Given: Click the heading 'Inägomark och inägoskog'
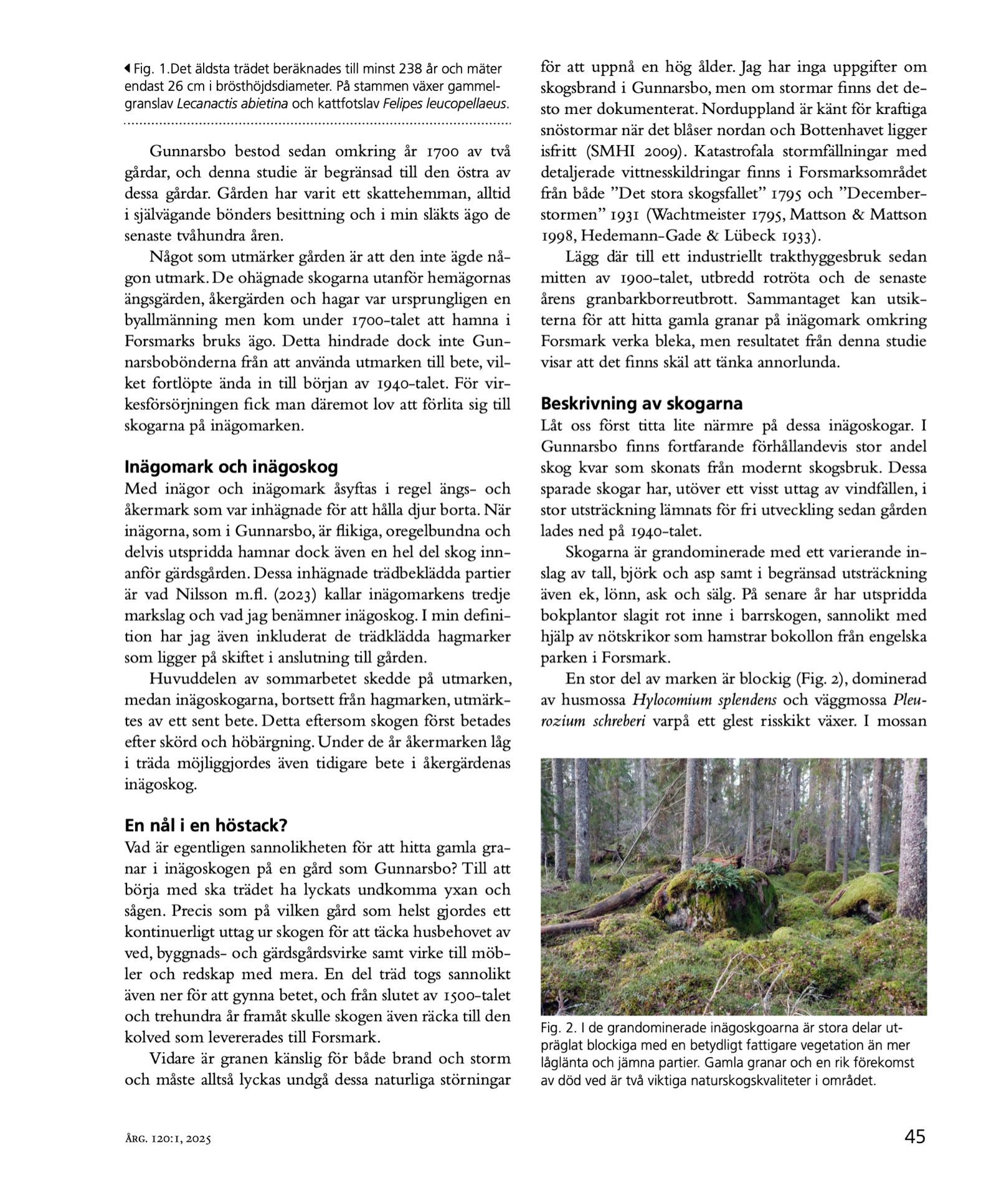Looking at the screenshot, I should (x=231, y=467).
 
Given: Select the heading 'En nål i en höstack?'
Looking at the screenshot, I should (x=206, y=825).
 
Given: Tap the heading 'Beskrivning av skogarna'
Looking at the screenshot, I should (x=642, y=404).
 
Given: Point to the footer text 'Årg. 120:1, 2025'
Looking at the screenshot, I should (x=168, y=1139).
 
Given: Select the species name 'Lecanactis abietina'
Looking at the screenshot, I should (x=232, y=103).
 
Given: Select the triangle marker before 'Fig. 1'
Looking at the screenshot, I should (x=128, y=68).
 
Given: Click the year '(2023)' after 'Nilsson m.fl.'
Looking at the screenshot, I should (x=292, y=595).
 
